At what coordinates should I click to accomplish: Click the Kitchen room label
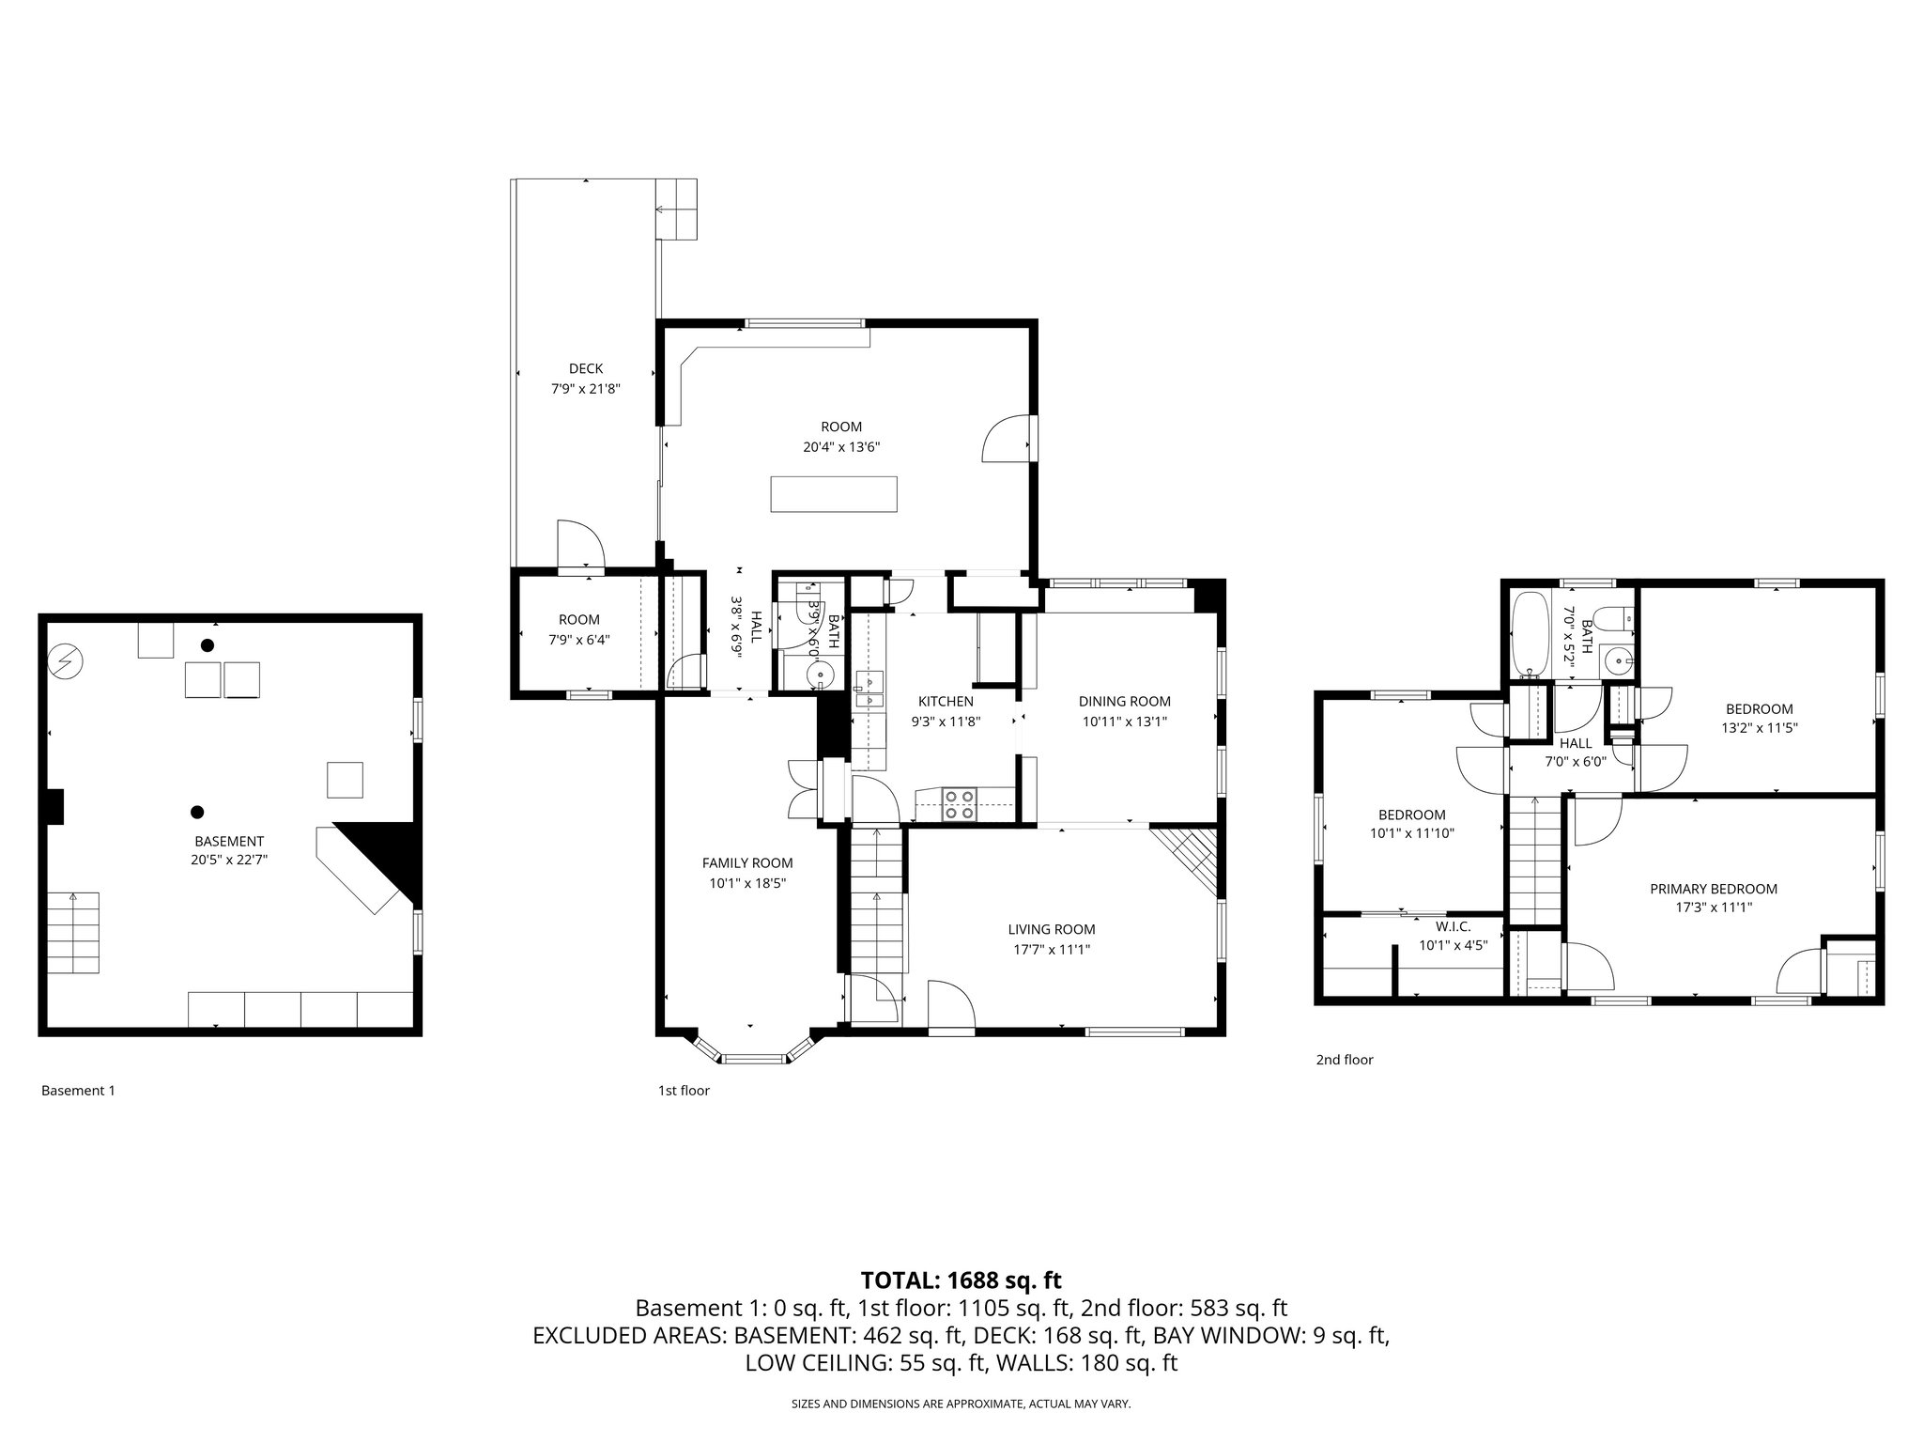(x=945, y=701)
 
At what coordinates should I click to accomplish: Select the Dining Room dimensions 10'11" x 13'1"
(x=1125, y=721)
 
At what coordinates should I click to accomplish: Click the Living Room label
(x=1051, y=929)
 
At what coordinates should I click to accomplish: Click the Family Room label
(x=746, y=862)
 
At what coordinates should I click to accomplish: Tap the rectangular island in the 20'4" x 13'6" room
(x=833, y=494)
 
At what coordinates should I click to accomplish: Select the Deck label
(x=585, y=368)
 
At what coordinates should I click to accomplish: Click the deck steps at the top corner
(x=676, y=209)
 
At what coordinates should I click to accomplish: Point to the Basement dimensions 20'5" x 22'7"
(x=229, y=859)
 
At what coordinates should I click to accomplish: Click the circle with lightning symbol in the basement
(x=67, y=661)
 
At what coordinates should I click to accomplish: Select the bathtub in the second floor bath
(x=1531, y=633)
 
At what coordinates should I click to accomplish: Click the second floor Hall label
(x=1575, y=742)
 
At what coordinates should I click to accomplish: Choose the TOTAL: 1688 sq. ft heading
(x=961, y=1280)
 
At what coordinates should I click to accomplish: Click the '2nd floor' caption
(x=1344, y=1059)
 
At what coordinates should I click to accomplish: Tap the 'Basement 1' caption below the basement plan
(x=78, y=1091)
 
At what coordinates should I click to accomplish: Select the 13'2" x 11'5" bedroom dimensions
(x=1758, y=727)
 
